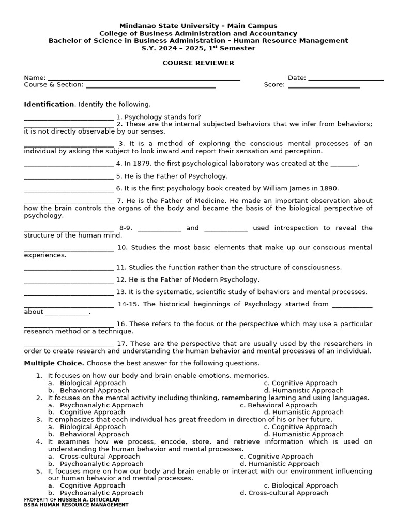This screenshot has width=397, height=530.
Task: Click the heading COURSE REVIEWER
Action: point(198,63)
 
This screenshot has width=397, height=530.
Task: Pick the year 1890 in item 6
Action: point(329,188)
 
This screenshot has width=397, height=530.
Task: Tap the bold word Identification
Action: point(49,104)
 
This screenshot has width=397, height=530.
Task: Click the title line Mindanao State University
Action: point(198,26)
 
